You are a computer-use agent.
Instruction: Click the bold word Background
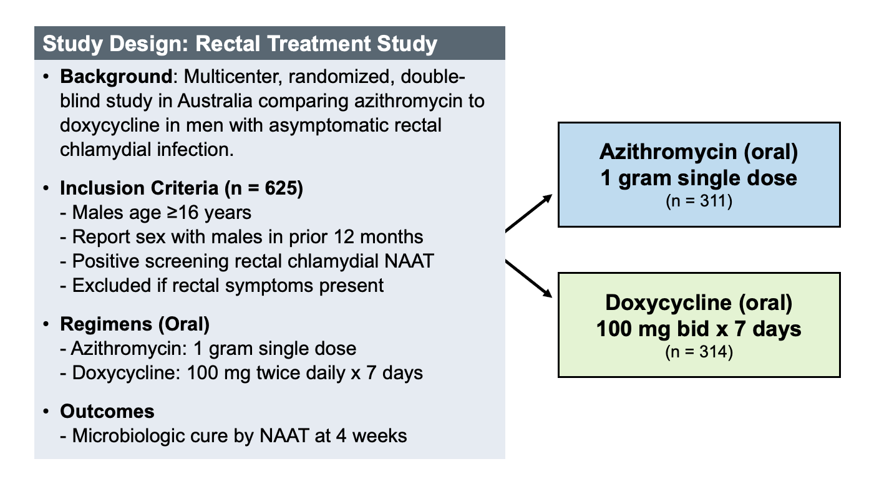tap(116, 77)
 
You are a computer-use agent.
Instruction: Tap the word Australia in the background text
tap(215, 101)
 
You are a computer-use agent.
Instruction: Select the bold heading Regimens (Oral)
tap(135, 324)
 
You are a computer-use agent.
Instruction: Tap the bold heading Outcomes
tap(107, 412)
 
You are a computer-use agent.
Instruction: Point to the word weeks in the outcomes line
tap(379, 436)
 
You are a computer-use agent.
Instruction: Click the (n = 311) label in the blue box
tap(699, 201)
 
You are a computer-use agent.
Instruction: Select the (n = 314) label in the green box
tap(699, 352)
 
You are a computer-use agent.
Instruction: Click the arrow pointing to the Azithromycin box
tap(528, 213)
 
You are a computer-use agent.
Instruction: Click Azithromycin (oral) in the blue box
tap(699, 151)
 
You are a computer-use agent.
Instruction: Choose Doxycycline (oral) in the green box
tap(699, 302)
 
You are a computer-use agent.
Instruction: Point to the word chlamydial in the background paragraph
tap(105, 150)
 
